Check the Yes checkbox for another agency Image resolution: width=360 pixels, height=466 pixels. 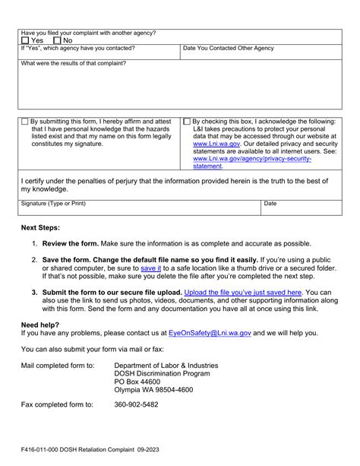click(x=26, y=40)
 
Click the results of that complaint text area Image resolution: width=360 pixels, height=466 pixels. click(x=179, y=88)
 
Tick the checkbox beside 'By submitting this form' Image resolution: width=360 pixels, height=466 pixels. click(x=26, y=121)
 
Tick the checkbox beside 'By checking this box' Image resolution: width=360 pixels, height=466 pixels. click(x=188, y=121)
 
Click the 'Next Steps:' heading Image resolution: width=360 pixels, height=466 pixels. click(x=41, y=228)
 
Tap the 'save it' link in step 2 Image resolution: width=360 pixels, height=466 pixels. click(x=150, y=268)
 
